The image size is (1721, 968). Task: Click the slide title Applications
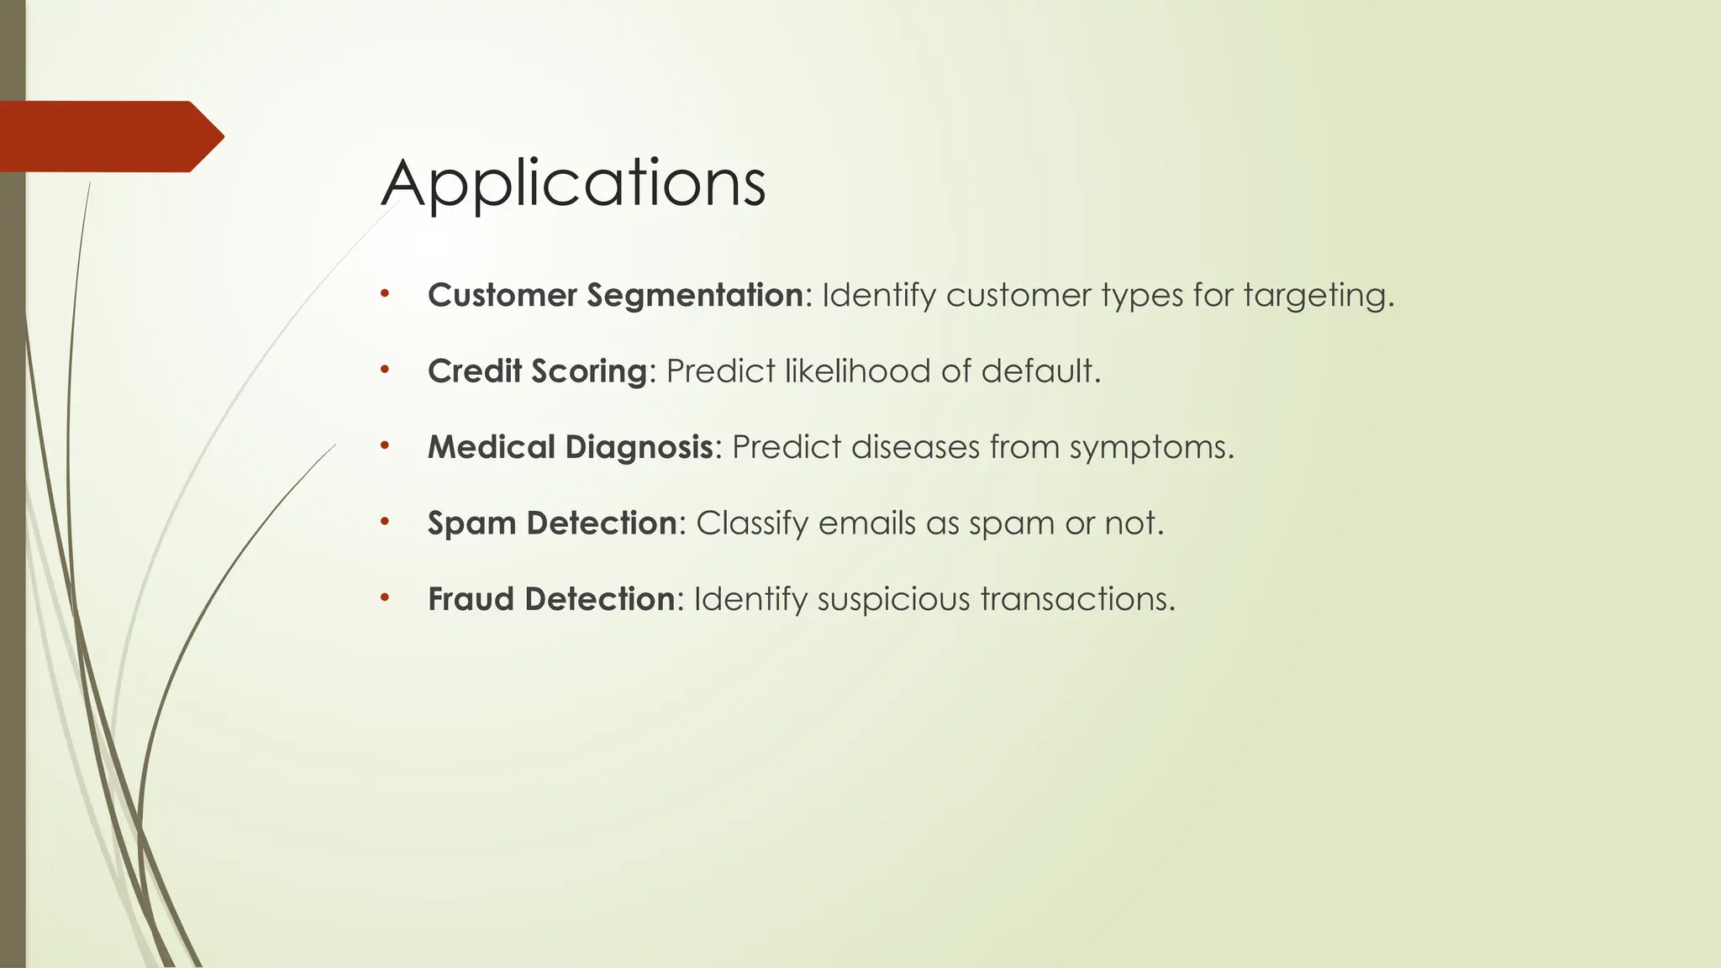tap(573, 183)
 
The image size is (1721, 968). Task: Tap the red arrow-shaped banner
tap(109, 137)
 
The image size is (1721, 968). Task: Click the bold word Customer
tap(503, 296)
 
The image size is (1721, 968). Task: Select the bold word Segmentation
tap(695, 296)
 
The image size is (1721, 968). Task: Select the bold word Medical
tap(492, 447)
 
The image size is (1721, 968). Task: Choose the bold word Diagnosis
tap(639, 448)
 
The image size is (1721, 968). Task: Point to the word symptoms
tap(1150, 448)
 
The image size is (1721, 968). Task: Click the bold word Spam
tap(471, 523)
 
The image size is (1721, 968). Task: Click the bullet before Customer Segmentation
tap(384, 294)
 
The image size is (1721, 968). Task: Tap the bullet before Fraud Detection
tap(384, 598)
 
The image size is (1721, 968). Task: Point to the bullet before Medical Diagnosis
tap(384, 446)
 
